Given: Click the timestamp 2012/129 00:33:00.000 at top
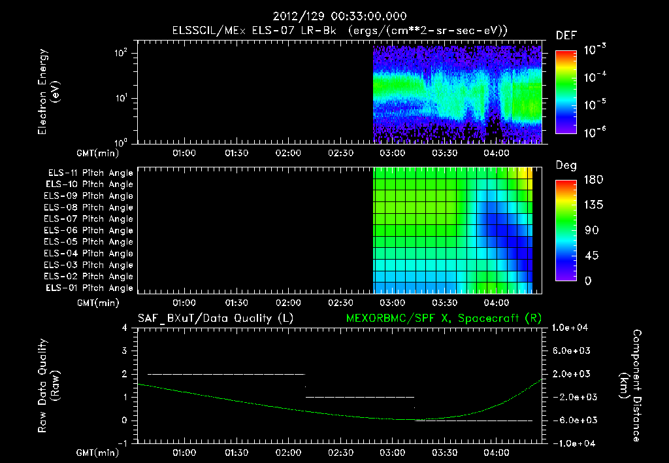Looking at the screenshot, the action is (x=340, y=16).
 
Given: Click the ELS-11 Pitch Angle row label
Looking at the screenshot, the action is (x=90, y=173).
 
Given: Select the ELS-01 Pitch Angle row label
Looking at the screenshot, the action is (x=90, y=288).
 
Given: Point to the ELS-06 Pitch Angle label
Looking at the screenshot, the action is (x=88, y=231).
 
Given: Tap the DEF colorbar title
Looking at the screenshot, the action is (x=566, y=36).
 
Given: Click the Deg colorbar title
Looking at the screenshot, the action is (x=566, y=165).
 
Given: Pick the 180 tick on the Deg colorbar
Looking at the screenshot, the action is (x=593, y=180).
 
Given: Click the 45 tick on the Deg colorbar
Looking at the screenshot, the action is (x=591, y=256).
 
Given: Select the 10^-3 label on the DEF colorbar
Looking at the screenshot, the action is (x=595, y=50).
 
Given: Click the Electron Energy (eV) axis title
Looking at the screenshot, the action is (x=48, y=92).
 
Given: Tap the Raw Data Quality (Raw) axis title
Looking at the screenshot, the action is (x=48, y=386).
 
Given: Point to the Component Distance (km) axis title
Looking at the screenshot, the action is (x=630, y=386).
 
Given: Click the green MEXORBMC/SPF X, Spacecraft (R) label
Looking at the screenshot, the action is (x=444, y=318).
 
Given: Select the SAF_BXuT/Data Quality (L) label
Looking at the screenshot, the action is (x=216, y=318).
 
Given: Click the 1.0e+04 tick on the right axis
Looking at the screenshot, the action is (x=570, y=328).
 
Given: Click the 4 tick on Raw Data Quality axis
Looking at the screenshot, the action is (x=125, y=328).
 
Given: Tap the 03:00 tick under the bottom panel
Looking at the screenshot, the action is (x=393, y=453).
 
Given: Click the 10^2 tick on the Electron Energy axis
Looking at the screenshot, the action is (x=121, y=53).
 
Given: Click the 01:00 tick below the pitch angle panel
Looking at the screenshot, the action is (x=184, y=303).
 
